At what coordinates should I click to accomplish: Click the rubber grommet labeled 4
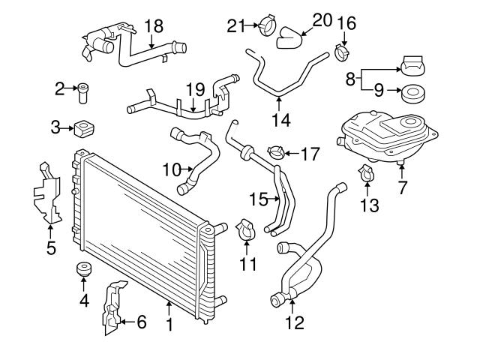[x=83, y=270]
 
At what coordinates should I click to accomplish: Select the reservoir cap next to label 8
[x=414, y=65]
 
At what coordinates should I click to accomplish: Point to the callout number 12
[x=294, y=323]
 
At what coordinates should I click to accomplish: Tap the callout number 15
[x=258, y=200]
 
